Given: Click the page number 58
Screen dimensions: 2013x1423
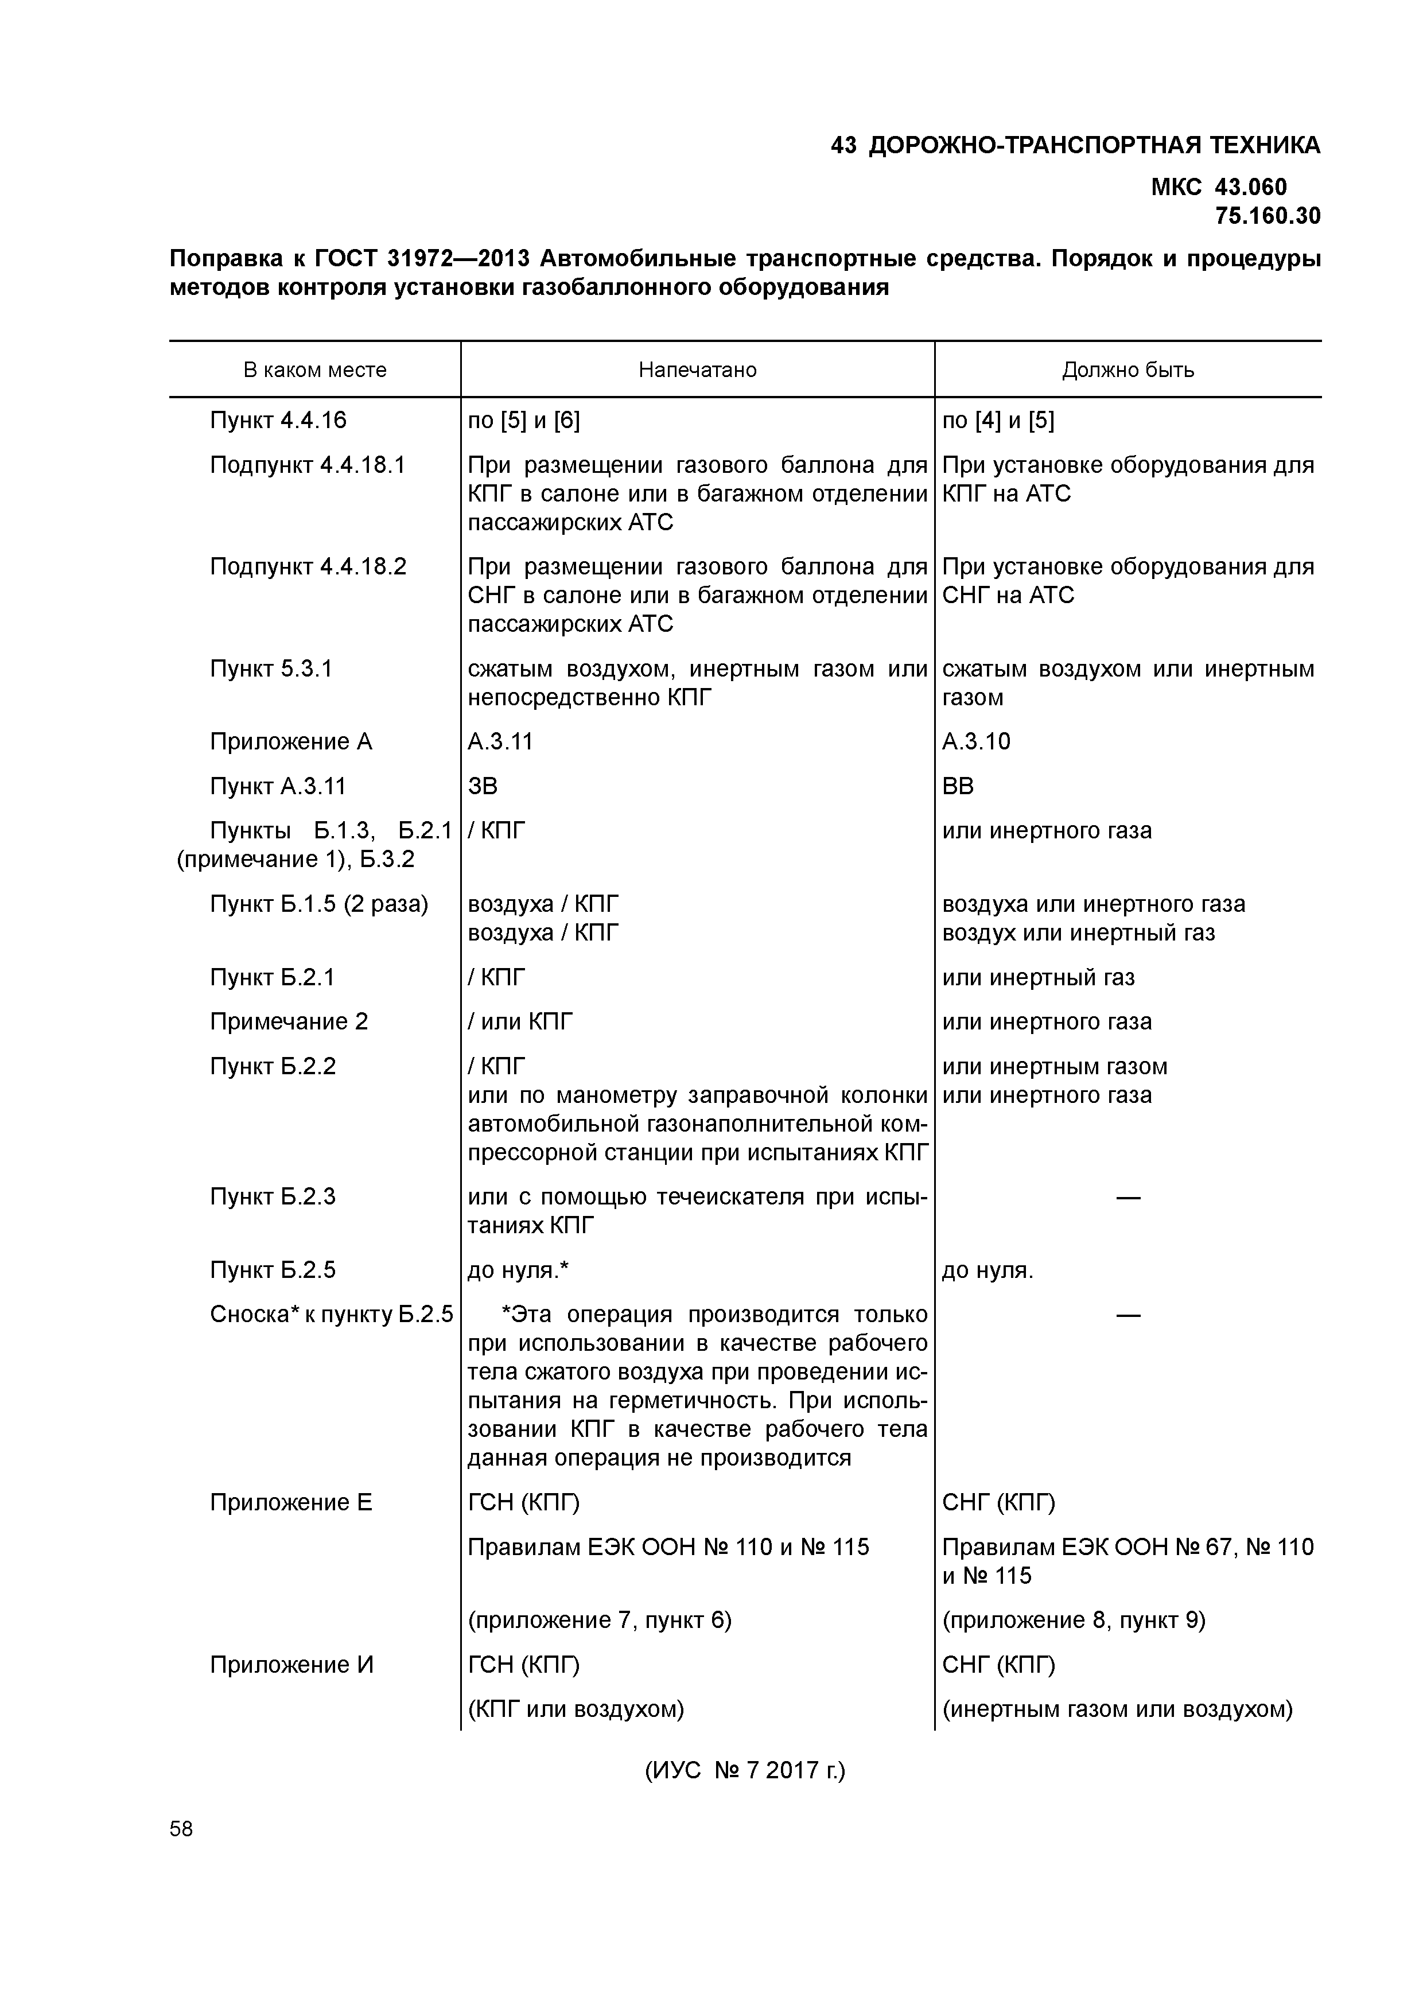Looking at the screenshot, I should point(181,1829).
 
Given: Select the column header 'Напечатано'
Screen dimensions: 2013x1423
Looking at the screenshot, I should point(697,370).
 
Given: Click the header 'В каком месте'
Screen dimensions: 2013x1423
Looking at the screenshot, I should point(315,370).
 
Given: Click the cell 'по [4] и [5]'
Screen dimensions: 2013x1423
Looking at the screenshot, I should point(998,421).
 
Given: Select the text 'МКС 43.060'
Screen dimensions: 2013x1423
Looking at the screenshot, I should point(1219,186).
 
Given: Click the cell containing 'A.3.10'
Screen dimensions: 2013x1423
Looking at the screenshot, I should point(976,742).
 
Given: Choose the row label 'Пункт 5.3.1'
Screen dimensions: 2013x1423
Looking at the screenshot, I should point(271,669).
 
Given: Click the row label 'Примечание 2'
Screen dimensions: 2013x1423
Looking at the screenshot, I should point(289,1021).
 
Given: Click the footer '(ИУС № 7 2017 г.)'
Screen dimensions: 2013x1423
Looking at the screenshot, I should point(745,1770).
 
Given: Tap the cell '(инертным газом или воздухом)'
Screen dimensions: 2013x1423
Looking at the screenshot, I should point(1117,1709).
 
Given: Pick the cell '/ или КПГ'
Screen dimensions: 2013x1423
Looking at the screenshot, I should point(520,1021).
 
